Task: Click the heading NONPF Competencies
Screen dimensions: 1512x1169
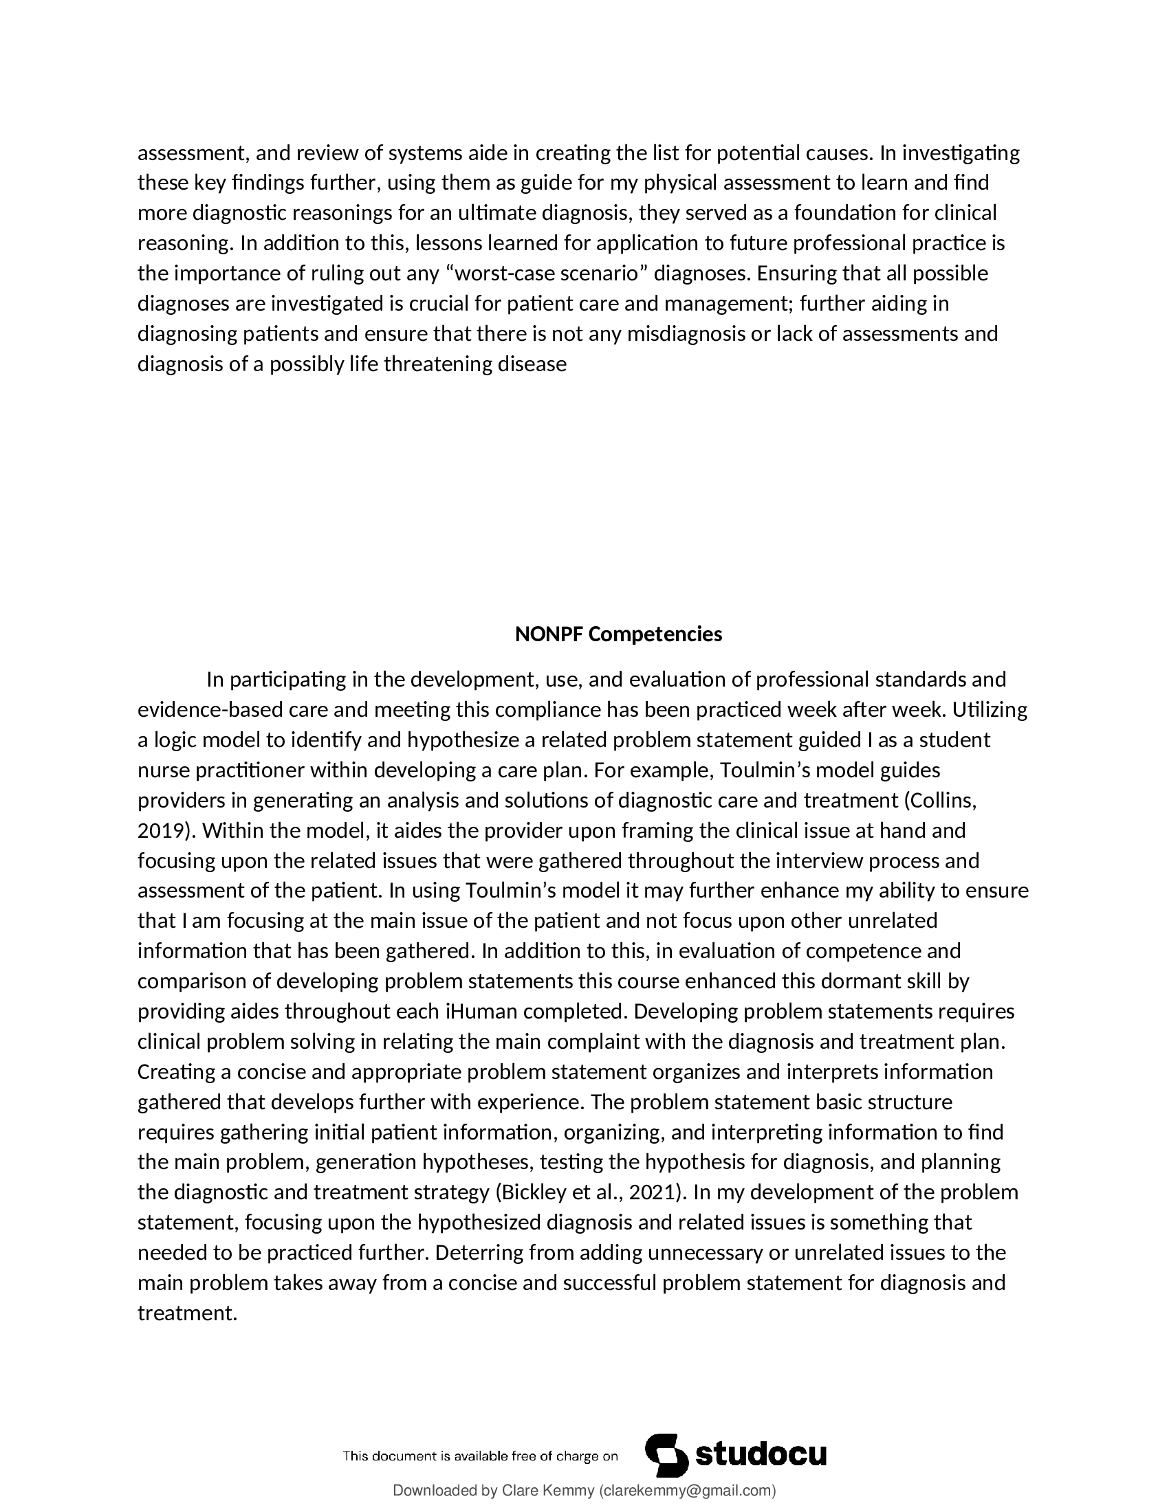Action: pyautogui.click(x=618, y=634)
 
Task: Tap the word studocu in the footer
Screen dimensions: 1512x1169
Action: pyautogui.click(x=761, y=1454)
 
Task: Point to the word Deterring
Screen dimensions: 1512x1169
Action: pyautogui.click(x=479, y=1252)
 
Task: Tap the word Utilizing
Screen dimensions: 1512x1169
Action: pyautogui.click(x=990, y=711)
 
